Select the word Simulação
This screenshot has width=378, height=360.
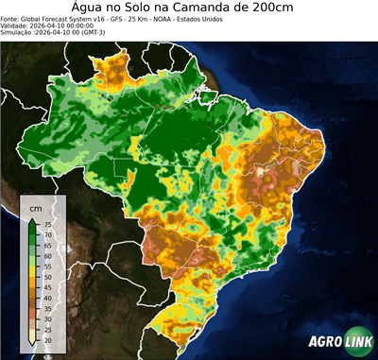[18, 32]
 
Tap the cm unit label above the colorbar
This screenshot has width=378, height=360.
[36, 206]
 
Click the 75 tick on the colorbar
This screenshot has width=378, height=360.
[47, 224]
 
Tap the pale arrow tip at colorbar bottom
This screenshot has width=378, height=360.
[32, 344]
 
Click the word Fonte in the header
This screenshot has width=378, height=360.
[11, 17]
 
